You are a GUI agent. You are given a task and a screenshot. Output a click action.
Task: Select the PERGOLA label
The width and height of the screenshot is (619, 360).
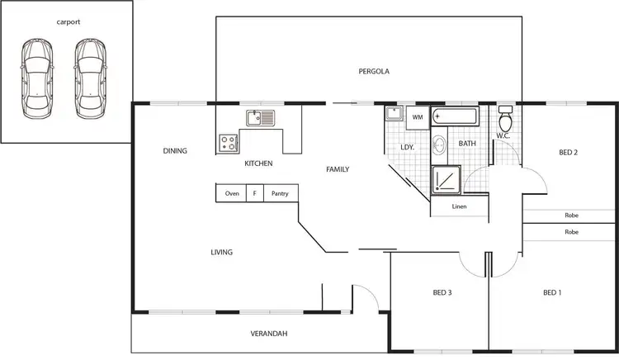pyautogui.click(x=374, y=71)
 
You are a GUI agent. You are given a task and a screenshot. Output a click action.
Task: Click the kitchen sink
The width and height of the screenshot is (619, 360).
pyautogui.click(x=262, y=118)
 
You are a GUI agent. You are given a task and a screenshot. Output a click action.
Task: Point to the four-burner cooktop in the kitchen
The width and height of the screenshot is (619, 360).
pyautogui.click(x=228, y=144)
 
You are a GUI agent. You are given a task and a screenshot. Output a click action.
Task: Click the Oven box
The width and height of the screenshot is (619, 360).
pyautogui.click(x=232, y=194)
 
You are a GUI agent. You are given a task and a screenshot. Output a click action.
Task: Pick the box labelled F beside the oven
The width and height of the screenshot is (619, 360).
pyautogui.click(x=254, y=194)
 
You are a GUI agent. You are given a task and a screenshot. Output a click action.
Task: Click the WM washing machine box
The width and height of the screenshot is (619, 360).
pyautogui.click(x=418, y=117)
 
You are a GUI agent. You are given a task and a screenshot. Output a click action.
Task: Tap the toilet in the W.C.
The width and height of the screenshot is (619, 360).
pyautogui.click(x=506, y=121)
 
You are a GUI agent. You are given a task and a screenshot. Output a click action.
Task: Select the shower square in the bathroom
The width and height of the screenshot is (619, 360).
pyautogui.click(x=447, y=179)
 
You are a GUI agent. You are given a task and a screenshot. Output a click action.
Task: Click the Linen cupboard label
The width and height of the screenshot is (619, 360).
pyautogui.click(x=460, y=206)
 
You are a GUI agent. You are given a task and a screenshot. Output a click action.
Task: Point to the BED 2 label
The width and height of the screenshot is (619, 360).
pyautogui.click(x=568, y=152)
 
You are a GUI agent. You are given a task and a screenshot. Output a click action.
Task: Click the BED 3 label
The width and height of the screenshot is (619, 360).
pyautogui.click(x=442, y=292)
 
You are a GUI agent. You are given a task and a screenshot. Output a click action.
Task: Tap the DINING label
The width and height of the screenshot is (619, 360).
pyautogui.click(x=175, y=151)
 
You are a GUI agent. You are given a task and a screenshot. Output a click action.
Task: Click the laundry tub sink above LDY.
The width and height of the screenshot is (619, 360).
pyautogui.click(x=395, y=115)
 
